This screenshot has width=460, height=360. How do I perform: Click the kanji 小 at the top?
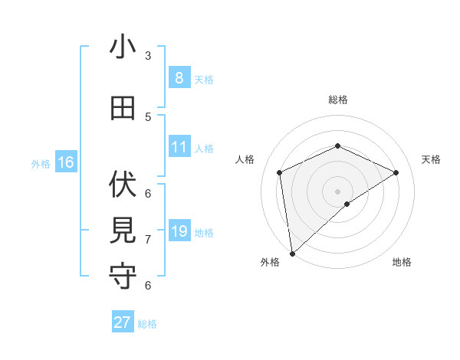(123, 47)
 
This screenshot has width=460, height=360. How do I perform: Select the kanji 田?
(123, 109)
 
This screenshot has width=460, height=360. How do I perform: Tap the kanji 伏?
(123, 185)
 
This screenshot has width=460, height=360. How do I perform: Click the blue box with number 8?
(179, 78)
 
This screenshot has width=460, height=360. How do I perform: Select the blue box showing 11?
(179, 147)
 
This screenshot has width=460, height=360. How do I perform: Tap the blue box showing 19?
(179, 231)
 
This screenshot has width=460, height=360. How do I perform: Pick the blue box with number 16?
(65, 162)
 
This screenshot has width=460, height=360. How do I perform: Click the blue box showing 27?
(123, 322)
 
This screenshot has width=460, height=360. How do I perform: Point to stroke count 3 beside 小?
(148, 55)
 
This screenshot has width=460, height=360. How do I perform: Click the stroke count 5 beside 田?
(148, 116)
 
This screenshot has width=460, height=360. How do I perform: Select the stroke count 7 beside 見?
(148, 239)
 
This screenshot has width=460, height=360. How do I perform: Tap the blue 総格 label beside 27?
(147, 324)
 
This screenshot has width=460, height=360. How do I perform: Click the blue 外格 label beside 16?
(41, 163)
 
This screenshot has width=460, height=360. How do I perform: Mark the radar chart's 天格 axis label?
(431, 159)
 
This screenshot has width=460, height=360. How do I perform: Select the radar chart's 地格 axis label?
(402, 262)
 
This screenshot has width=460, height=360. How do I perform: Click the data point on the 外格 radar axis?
(291, 253)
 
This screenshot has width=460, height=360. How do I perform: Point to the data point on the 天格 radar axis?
(396, 172)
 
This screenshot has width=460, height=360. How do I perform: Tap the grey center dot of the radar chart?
(337, 191)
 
